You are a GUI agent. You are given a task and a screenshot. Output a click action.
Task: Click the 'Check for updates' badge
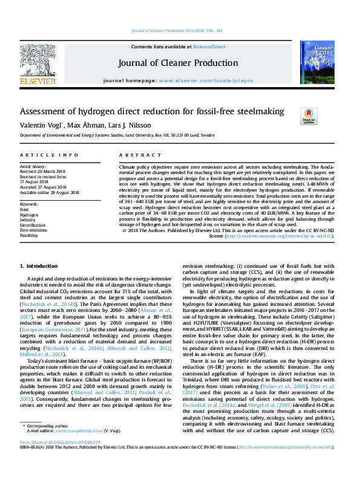coord(309,115)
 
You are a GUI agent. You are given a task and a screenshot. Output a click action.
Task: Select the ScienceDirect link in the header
coord(210,47)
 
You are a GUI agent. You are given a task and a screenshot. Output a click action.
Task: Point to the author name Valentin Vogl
coord(41,125)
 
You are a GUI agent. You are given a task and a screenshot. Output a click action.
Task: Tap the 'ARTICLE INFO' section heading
coord(49,155)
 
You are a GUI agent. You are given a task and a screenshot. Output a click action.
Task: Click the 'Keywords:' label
coord(29,204)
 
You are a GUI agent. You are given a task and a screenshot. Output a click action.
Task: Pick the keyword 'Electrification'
coord(33,225)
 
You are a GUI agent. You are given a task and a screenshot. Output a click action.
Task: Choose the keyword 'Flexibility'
coord(29,235)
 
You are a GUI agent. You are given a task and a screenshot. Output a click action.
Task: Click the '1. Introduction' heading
coord(39,266)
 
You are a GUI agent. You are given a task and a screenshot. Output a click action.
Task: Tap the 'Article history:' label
coord(34,166)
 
